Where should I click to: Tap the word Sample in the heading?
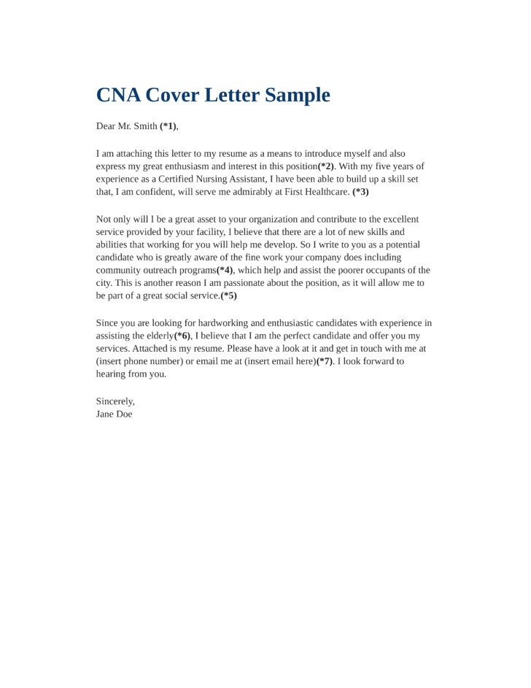(298, 96)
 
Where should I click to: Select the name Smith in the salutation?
(144, 126)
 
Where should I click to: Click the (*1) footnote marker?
(168, 126)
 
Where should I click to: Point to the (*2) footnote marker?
(325, 166)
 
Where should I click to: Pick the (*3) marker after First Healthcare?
(360, 193)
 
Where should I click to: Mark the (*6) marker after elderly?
(182, 336)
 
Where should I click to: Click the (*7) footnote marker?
(325, 361)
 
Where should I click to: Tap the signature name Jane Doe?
(115, 414)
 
